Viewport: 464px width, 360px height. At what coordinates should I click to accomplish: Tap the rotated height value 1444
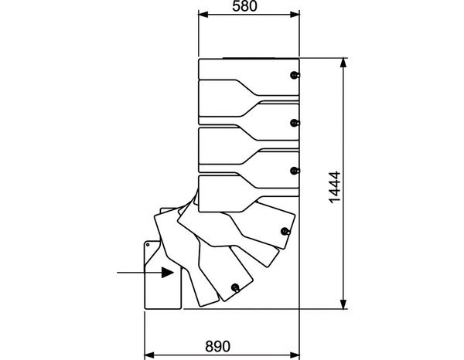click(334, 185)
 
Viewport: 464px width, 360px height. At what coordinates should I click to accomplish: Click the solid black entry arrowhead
click(168, 272)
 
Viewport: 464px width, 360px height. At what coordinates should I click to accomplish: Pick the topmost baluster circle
click(294, 75)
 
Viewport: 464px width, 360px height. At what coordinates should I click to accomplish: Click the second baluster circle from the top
click(294, 123)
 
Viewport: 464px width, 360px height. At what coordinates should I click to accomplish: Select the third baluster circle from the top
click(294, 171)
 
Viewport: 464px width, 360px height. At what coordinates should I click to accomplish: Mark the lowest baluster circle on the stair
click(234, 288)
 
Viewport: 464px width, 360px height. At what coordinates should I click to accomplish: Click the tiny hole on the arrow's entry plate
click(148, 245)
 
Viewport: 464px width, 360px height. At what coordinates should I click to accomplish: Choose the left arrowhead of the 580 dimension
click(203, 14)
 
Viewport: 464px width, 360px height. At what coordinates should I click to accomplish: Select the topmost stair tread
click(247, 69)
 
